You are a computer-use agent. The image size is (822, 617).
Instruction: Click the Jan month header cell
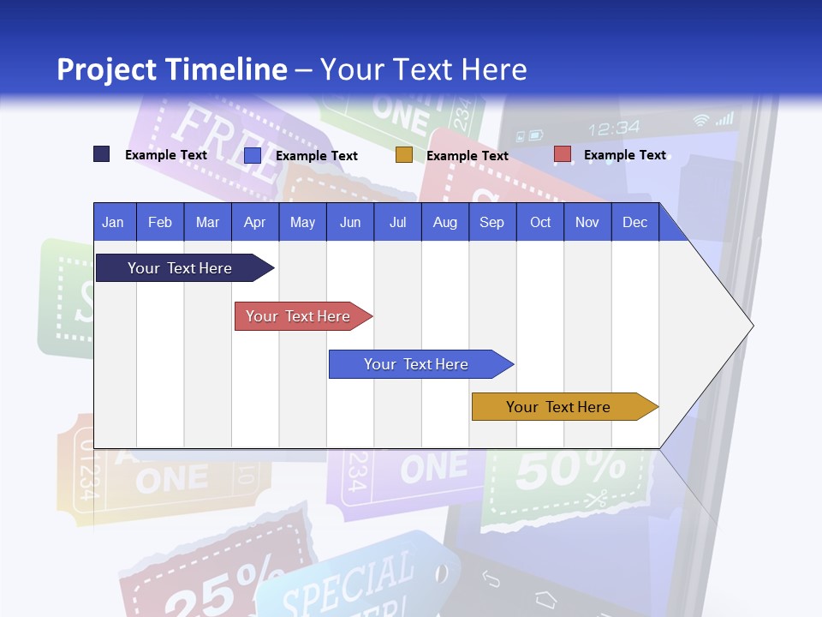click(114, 222)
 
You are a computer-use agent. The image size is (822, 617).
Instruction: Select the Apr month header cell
click(254, 222)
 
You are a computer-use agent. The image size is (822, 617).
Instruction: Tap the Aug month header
click(444, 222)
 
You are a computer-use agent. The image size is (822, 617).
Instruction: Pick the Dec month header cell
click(634, 222)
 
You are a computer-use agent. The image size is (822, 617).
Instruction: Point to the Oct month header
click(540, 222)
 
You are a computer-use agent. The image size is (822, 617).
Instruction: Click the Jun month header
click(349, 222)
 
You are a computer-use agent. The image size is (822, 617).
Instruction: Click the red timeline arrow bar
click(300, 316)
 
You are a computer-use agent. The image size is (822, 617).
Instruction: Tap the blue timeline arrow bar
click(418, 364)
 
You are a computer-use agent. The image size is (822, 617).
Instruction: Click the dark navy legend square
click(101, 154)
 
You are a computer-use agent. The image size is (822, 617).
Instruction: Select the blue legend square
click(253, 155)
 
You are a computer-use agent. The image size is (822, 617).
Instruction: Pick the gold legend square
click(404, 155)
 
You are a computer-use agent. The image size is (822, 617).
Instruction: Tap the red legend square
click(562, 154)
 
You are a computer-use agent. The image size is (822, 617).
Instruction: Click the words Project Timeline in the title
click(172, 69)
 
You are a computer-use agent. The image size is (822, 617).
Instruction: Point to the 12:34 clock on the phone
click(614, 129)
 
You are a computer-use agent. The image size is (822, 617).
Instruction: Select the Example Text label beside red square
click(624, 155)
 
